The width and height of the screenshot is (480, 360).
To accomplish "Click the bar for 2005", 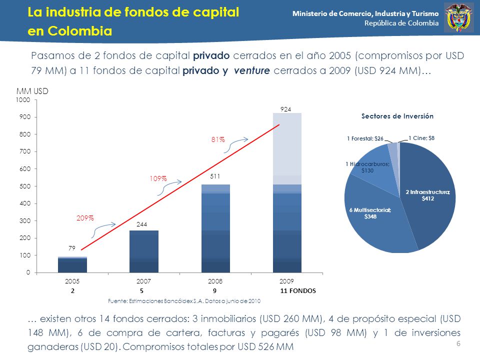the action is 72,264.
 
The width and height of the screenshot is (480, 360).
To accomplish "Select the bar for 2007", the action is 144,251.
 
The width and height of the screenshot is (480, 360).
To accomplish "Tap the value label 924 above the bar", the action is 285,109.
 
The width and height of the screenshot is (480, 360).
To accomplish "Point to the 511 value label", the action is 215,176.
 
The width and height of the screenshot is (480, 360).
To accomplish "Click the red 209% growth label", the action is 85,218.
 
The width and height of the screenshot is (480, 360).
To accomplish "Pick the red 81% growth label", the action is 218,139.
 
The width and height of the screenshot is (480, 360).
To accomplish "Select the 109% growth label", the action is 158,179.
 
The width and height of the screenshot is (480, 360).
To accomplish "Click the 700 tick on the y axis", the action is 25,151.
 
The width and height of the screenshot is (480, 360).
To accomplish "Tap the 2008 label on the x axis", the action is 215,281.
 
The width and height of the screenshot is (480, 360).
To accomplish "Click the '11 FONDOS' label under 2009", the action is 298,291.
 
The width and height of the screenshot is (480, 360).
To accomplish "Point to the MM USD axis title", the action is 32,91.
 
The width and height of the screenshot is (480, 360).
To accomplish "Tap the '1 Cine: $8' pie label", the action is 421,138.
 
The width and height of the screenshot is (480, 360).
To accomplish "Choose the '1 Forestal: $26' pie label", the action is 365,138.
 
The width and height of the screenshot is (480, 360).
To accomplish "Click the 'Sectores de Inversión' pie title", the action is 397,116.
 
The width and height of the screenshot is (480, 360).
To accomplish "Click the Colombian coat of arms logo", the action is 458,17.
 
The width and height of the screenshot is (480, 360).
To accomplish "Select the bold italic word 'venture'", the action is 251,70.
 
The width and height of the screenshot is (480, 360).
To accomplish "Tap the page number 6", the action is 458,344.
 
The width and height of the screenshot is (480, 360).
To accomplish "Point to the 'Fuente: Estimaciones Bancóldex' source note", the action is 184,301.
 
